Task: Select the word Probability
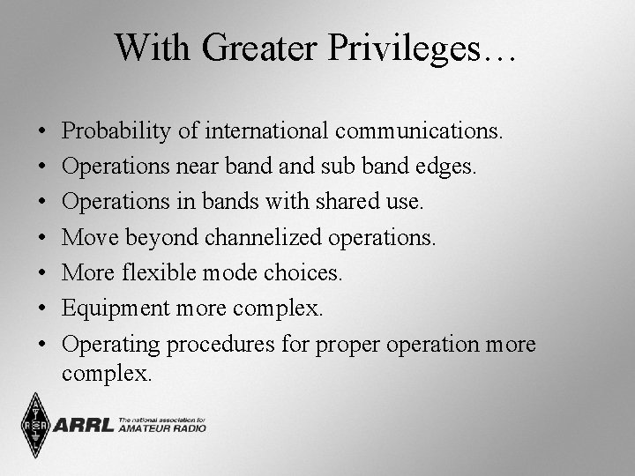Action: (119, 131)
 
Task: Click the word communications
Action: (420, 131)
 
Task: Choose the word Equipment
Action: (118, 309)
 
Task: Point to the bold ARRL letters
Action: (84, 427)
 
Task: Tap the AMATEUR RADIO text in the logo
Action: (162, 428)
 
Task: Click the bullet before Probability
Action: (42, 132)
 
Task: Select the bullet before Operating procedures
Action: (42, 345)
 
